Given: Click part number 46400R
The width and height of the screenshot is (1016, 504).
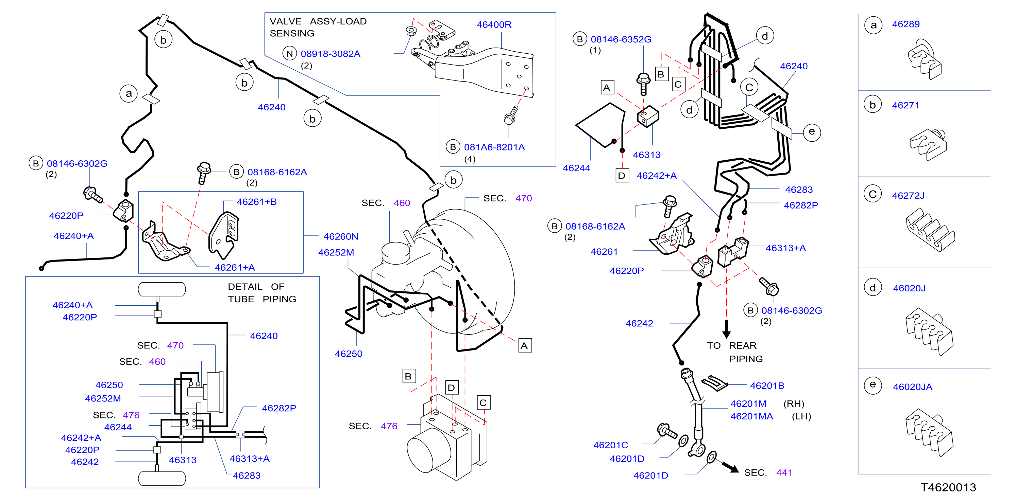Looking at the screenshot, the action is (x=494, y=24).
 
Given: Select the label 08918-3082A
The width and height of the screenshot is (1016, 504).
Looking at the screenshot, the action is (x=330, y=54).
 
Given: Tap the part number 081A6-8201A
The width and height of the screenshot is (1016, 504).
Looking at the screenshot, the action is (x=494, y=147).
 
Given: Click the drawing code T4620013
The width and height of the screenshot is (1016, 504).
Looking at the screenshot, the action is (x=948, y=487).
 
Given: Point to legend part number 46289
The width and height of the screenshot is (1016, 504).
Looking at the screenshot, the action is (x=905, y=24).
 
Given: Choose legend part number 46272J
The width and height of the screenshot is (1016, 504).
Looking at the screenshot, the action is (x=908, y=195).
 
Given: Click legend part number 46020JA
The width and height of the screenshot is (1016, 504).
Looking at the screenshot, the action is (x=912, y=386).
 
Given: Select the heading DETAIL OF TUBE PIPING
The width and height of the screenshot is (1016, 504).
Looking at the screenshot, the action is (x=262, y=293).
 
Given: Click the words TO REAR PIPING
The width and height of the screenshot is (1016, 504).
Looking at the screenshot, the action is (x=734, y=352).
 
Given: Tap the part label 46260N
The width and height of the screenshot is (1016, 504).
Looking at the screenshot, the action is (x=341, y=236).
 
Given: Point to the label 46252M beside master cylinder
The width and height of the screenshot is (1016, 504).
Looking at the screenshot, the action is (x=336, y=252).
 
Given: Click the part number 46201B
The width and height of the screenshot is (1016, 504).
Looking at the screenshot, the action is (x=767, y=385).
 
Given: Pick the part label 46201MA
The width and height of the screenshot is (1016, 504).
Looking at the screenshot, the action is (x=751, y=416).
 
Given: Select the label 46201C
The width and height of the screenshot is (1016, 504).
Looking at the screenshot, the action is (x=611, y=445).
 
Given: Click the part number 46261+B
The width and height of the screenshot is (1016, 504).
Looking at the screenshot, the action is (x=256, y=202).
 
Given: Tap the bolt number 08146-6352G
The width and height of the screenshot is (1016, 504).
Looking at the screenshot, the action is (x=621, y=39).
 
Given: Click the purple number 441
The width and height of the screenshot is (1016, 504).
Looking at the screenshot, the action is (x=784, y=472).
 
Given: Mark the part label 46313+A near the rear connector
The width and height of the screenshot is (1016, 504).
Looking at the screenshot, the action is (x=786, y=248).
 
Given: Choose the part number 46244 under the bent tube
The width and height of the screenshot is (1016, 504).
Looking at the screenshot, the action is (x=576, y=168).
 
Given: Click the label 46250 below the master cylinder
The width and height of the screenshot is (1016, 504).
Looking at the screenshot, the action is (x=348, y=354).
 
